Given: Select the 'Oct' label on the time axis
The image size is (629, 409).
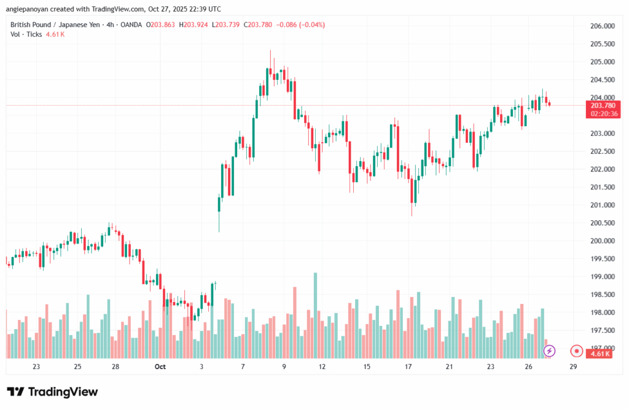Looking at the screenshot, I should [160, 367].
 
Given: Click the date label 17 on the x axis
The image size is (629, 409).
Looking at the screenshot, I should [408, 367].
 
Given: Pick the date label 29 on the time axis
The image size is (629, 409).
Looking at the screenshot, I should [572, 367].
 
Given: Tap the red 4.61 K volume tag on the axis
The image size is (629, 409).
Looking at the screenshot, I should [599, 354].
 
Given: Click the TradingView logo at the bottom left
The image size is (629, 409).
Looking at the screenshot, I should [52, 392].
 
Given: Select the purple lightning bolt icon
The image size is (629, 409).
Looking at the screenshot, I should [550, 351].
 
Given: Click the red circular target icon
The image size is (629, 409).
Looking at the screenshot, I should [576, 351].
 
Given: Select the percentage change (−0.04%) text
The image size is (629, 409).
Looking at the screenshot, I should [312, 25].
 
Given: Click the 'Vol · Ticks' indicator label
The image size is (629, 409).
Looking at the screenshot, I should [26, 34].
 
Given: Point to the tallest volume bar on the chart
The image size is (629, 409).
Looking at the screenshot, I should [315, 316].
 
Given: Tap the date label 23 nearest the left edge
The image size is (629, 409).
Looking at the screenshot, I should [36, 367].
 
